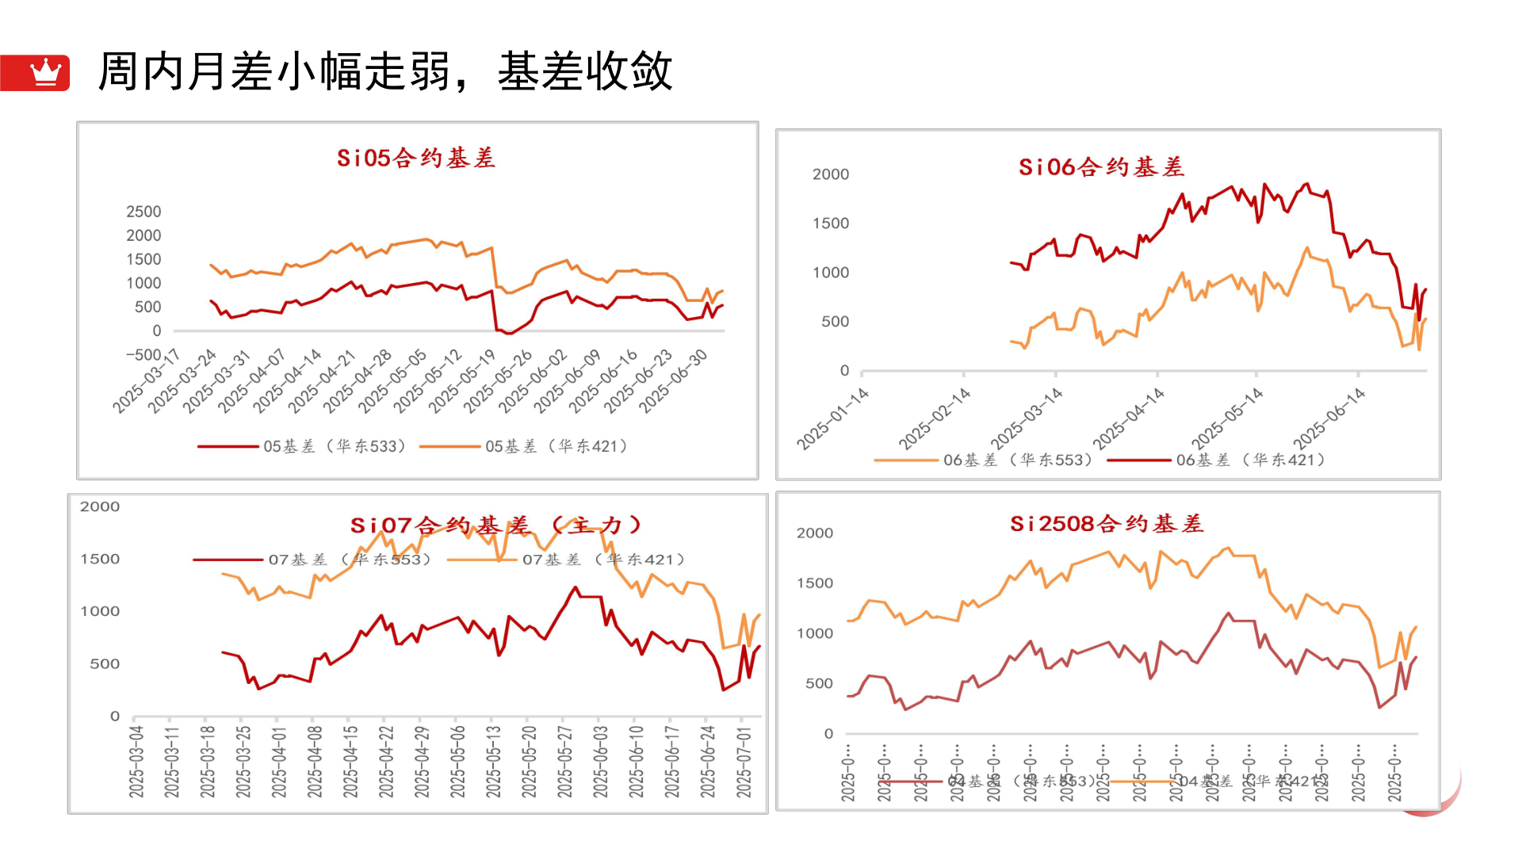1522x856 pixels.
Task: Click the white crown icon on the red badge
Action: click(46, 72)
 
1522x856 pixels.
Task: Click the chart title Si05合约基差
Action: click(416, 158)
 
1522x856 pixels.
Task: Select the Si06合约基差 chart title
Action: click(1101, 167)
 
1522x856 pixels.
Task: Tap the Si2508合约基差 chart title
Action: click(1107, 524)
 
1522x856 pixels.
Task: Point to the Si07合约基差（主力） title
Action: click(495, 525)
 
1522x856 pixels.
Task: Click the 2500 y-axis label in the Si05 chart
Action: click(143, 212)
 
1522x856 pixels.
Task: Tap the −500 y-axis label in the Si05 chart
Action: click(143, 354)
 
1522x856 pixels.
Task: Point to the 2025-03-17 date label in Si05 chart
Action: click(147, 380)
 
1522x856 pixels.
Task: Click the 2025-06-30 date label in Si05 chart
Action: click(674, 380)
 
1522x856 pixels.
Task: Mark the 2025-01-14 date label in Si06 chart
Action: click(833, 418)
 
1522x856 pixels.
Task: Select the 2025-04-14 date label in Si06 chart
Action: click(1129, 418)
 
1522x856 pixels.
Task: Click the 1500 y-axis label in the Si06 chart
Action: click(830, 224)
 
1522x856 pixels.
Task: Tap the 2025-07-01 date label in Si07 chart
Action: click(744, 761)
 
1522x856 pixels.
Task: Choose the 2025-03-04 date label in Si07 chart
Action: click(136, 761)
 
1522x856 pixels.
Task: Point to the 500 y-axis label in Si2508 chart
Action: click(819, 683)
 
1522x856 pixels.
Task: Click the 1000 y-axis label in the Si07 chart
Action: click(100, 611)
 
